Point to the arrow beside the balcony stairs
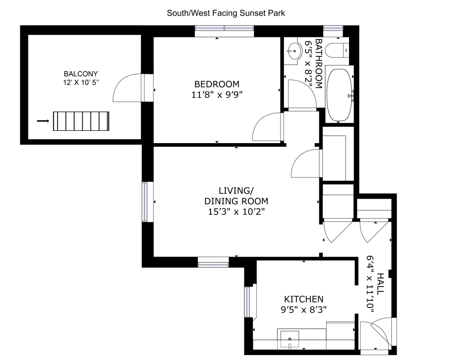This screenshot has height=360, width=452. (43, 121)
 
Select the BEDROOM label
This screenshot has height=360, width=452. (216, 84)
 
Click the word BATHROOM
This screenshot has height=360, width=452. (319, 64)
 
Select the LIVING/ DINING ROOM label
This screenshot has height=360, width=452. (236, 196)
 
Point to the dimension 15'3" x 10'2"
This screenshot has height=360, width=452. (236, 211)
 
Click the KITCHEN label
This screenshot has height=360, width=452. (304, 299)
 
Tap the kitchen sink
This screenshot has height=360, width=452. (290, 339)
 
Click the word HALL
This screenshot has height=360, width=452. (380, 284)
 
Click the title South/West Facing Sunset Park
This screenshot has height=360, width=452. (226, 13)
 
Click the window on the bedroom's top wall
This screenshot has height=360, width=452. (224, 29)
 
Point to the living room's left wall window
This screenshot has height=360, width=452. (145, 202)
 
